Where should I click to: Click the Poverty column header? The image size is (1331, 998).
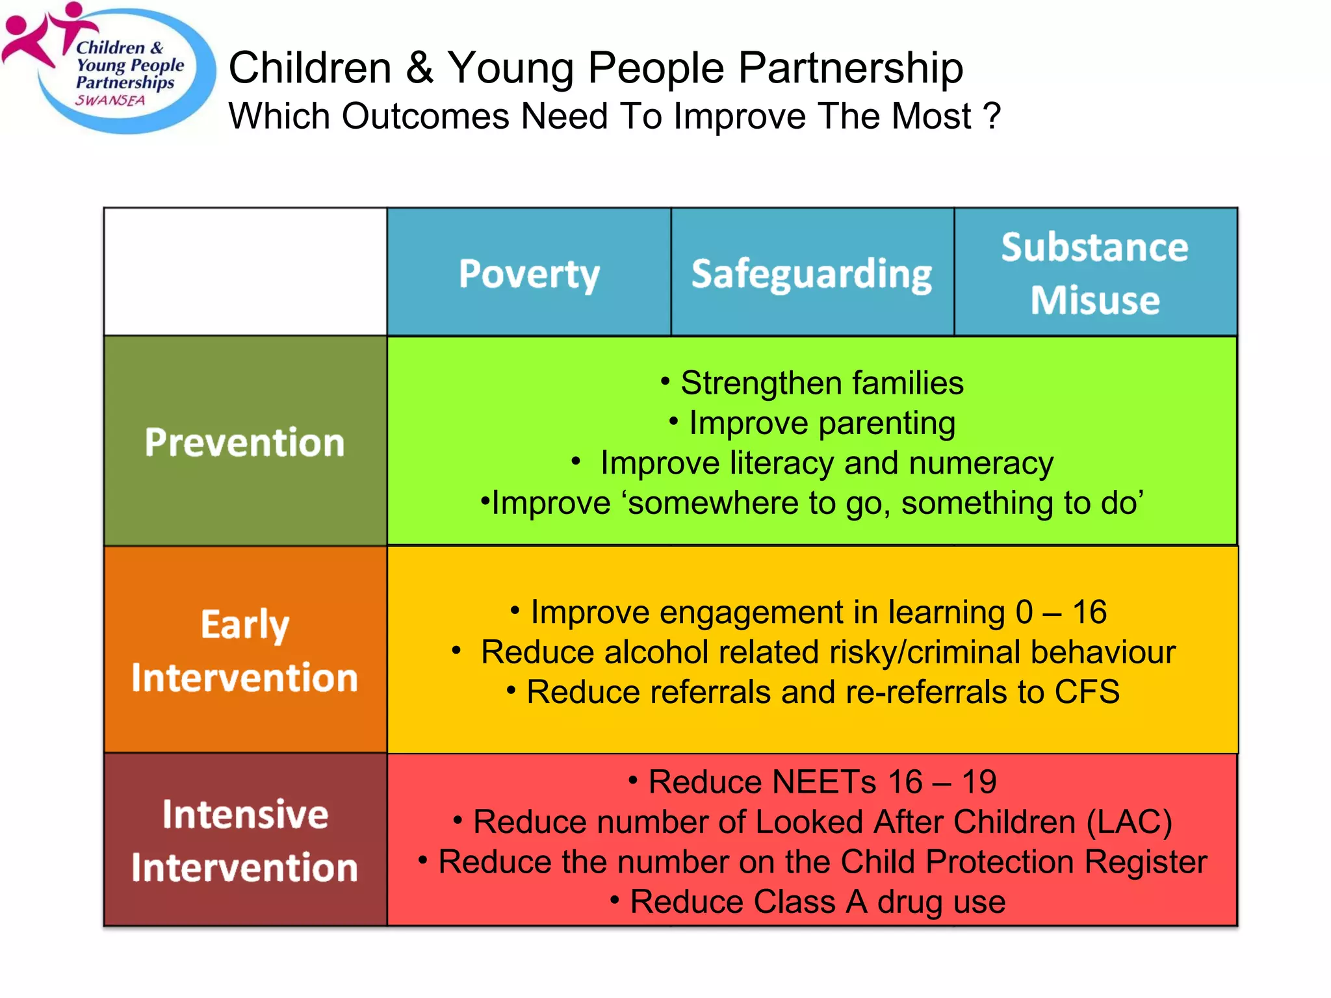tap(529, 274)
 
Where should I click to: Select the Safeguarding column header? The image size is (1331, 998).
tap(812, 274)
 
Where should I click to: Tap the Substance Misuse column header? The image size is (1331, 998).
tap(1095, 274)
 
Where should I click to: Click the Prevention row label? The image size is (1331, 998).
tap(245, 442)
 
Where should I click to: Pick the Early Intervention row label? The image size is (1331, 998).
tap(245, 650)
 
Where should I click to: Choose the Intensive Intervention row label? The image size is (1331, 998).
tap(245, 840)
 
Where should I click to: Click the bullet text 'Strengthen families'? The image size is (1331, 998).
tap(821, 383)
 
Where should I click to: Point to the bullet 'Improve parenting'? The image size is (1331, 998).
tap(821, 423)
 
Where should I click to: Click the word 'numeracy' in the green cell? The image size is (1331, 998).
tap(981, 463)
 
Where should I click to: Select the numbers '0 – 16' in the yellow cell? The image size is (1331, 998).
tap(1061, 612)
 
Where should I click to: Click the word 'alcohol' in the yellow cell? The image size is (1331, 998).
tap(655, 652)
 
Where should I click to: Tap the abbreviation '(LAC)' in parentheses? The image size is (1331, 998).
tap(1130, 822)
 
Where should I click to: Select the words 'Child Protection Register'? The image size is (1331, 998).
tap(1023, 862)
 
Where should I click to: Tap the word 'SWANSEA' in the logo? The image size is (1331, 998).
tap(110, 101)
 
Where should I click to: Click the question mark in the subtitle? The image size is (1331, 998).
tap(992, 116)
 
